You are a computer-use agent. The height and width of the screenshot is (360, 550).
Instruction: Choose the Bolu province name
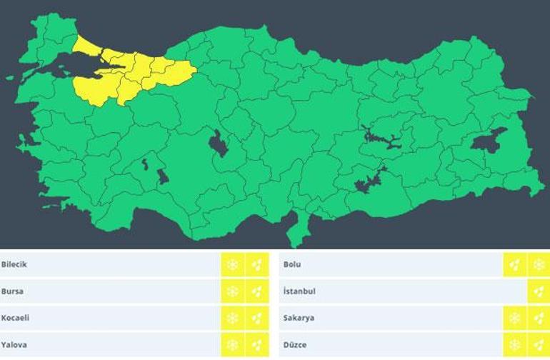pyautogui.click(x=292, y=264)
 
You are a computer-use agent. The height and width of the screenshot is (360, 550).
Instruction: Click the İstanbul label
pyautogui.click(x=299, y=291)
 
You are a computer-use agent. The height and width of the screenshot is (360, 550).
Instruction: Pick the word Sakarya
pyautogui.click(x=299, y=318)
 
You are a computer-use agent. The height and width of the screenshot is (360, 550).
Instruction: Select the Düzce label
pyautogui.click(x=295, y=344)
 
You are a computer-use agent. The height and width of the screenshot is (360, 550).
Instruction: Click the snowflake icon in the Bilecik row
pyautogui.click(x=232, y=265)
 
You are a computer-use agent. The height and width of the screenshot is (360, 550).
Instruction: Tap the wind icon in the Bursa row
pyautogui.click(x=257, y=291)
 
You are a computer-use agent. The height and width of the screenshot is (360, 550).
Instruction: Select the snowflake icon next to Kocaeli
pyautogui.click(x=232, y=318)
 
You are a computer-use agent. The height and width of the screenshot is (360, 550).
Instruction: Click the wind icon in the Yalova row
pyautogui.click(x=257, y=344)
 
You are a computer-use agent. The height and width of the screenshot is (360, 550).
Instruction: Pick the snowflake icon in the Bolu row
pyautogui.click(x=539, y=265)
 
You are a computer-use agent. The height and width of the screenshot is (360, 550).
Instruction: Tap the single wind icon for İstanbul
pyautogui.click(x=539, y=291)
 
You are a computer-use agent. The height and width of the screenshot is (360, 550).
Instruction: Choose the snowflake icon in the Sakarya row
pyautogui.click(x=514, y=318)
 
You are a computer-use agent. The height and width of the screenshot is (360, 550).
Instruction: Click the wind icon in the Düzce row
pyautogui.click(x=539, y=344)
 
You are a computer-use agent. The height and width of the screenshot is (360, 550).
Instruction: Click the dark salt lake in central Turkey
pyautogui.click(x=219, y=144)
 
